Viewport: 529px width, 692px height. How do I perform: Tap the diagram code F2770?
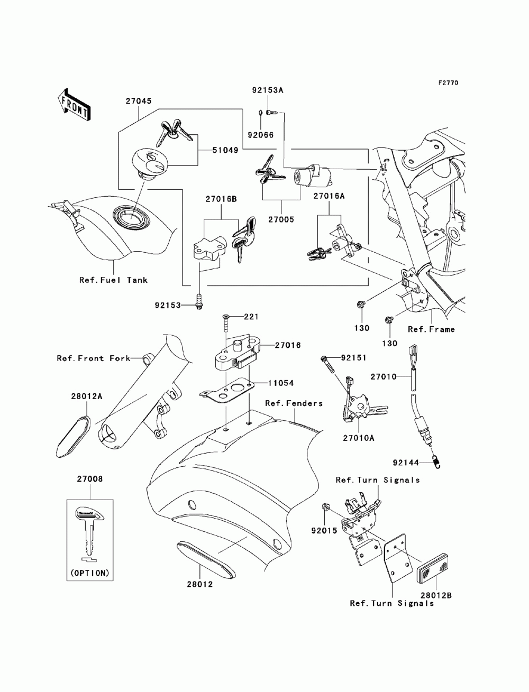click(x=448, y=82)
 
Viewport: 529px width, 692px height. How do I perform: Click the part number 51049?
click(x=226, y=150)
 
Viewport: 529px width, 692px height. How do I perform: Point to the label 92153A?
click(x=267, y=90)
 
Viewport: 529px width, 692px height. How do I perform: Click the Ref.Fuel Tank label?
click(x=113, y=280)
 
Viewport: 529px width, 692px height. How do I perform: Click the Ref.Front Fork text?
click(x=94, y=358)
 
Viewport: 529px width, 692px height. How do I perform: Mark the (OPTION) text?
click(x=89, y=573)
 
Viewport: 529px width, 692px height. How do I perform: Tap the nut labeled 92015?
click(x=326, y=508)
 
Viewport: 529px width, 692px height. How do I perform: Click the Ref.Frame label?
click(x=431, y=329)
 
